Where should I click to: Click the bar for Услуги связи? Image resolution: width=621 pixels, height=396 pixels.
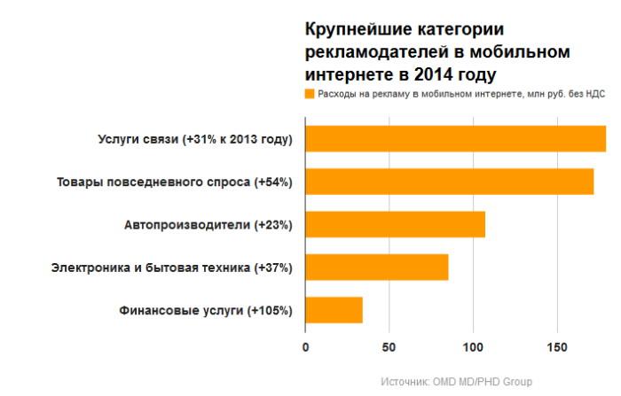click(x=455, y=139)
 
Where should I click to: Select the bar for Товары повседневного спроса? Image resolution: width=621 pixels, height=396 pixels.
click(x=449, y=182)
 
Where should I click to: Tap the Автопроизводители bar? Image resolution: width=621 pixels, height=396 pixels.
click(x=395, y=224)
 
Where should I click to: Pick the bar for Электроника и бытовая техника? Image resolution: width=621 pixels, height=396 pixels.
click(x=376, y=267)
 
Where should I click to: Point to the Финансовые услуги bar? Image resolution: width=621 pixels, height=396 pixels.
click(x=334, y=309)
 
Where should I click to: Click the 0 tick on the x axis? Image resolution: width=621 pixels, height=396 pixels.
click(x=305, y=347)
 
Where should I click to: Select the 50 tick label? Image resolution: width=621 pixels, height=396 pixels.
click(x=389, y=347)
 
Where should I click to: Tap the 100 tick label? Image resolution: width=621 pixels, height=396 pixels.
click(x=473, y=347)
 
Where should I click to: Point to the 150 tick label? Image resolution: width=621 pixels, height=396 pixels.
click(x=556, y=347)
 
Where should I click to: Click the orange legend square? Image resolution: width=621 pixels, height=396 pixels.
click(x=310, y=93)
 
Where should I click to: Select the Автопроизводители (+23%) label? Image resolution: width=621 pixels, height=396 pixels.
click(x=208, y=225)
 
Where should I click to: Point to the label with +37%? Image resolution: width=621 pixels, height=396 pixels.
click(x=171, y=268)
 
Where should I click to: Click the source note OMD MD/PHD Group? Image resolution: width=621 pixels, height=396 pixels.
click(x=456, y=381)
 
